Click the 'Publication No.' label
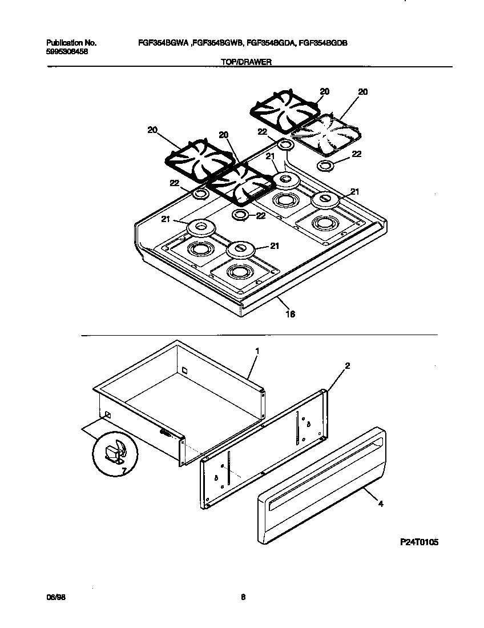pos(71,43)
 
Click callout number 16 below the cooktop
pos(290,313)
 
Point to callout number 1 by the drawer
pos(257,351)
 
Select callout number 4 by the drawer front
pos(380,504)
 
